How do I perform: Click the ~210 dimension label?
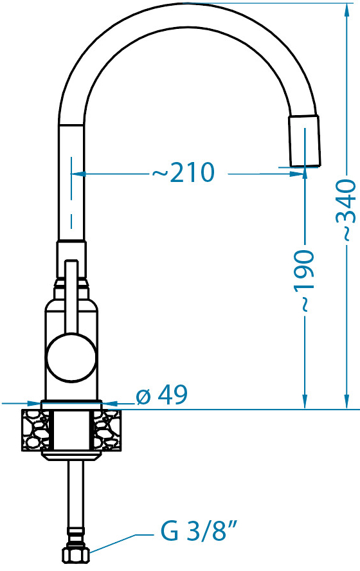183,172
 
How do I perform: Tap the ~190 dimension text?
303,281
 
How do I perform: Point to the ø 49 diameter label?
162,394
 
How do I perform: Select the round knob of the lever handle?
71,358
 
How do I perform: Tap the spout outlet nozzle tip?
305,141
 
